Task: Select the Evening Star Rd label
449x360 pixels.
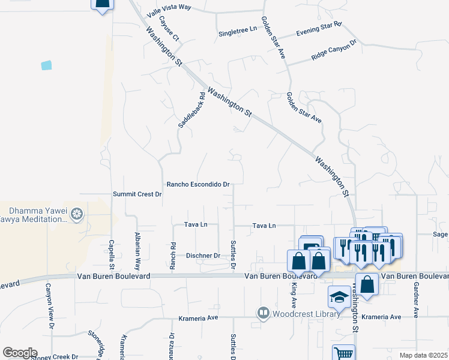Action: tap(318, 28)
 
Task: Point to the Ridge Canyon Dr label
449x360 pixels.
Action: tap(334, 50)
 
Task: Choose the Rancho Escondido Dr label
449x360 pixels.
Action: tap(198, 184)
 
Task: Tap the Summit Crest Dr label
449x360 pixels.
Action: tap(138, 194)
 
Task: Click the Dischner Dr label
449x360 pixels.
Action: tap(202, 256)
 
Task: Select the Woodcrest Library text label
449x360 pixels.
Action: tap(302, 314)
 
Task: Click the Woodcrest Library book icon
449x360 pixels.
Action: tap(263, 313)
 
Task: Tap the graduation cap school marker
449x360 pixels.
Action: tap(339, 296)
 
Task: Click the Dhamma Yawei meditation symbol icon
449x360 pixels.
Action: tap(76, 214)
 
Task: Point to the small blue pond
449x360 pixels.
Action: tap(46, 65)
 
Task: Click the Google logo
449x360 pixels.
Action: tap(20, 353)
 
